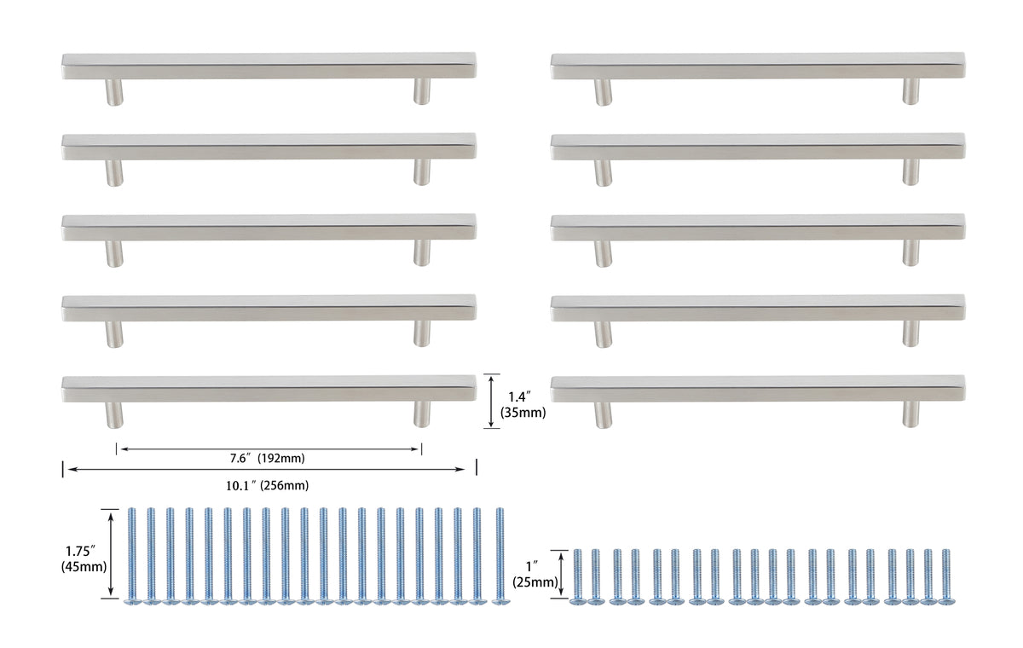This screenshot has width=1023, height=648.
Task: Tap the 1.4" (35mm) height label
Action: pos(526,403)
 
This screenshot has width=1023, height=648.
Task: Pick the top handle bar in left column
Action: pos(269,66)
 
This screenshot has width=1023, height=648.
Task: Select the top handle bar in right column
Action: pos(757,66)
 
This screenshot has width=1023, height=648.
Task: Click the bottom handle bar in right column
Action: pos(757,389)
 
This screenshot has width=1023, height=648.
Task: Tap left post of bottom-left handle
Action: pos(114,414)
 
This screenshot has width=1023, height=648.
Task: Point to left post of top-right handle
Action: pos(604,91)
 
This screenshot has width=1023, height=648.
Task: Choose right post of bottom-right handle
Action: pos(911,414)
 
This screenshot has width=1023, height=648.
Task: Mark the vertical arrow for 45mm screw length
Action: pos(111,554)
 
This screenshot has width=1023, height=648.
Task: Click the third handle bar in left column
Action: pos(269,227)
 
